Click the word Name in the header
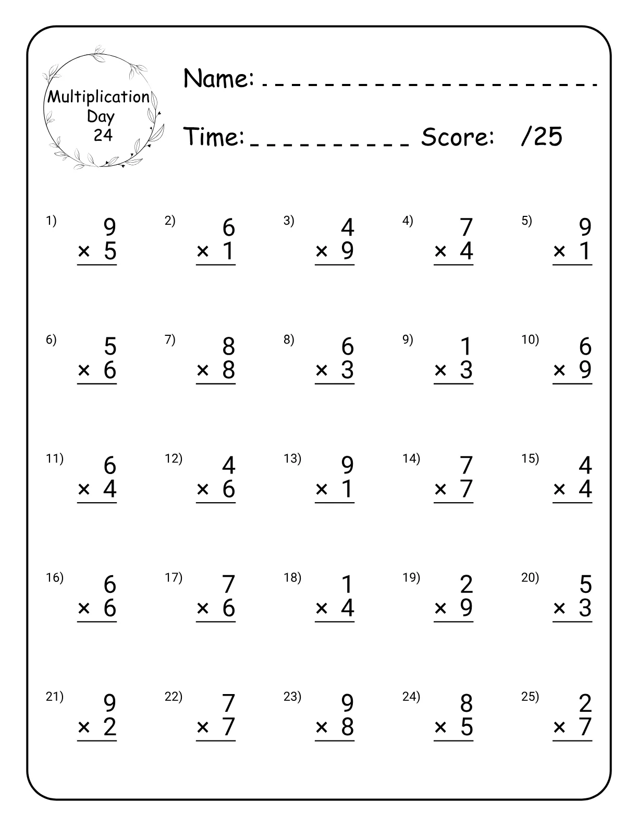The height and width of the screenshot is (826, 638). click(x=218, y=79)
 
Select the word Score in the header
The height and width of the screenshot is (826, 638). click(x=458, y=137)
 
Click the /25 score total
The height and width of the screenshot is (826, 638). click(x=542, y=137)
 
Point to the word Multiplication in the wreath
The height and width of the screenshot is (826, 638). click(x=99, y=97)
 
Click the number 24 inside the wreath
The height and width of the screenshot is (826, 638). click(x=103, y=136)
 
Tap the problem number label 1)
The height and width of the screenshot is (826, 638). click(x=51, y=221)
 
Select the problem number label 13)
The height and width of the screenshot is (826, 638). click(x=292, y=459)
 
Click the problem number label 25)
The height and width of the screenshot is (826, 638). click(x=530, y=697)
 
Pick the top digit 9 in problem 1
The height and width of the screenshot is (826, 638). click(x=109, y=227)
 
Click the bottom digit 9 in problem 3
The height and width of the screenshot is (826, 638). click(x=348, y=251)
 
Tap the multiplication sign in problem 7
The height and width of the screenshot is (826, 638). click(x=203, y=370)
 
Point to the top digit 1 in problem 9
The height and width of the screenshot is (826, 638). click(x=466, y=346)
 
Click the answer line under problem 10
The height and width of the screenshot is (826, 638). click(x=572, y=384)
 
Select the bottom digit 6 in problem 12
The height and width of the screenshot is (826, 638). click(x=229, y=489)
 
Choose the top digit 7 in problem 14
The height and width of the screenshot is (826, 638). click(x=466, y=465)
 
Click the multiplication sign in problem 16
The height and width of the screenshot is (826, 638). click(x=84, y=608)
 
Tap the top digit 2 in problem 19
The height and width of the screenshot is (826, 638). click(x=466, y=584)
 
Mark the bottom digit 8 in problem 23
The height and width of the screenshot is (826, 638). click(x=348, y=727)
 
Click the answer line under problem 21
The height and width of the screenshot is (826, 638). click(x=97, y=740)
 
